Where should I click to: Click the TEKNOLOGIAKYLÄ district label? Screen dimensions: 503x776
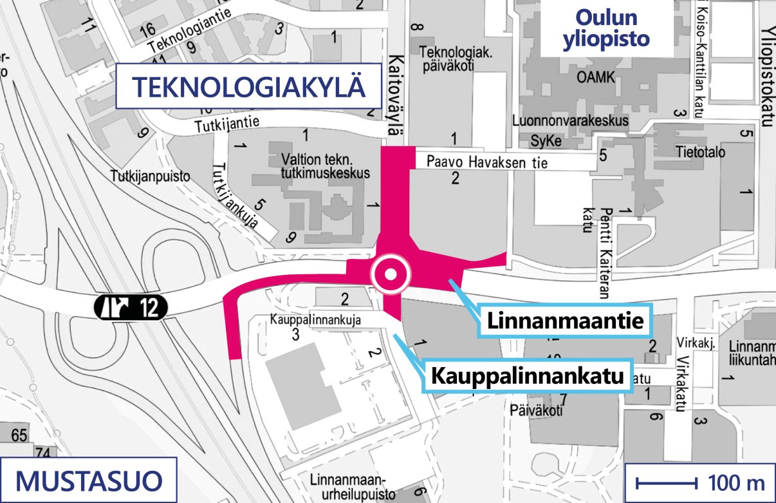(248, 86)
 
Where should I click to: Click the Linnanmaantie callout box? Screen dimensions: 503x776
(565, 320)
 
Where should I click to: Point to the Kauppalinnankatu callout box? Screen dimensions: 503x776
(528, 375)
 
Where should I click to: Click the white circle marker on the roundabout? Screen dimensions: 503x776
(390, 275)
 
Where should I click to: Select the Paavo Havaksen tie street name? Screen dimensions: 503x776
(487, 162)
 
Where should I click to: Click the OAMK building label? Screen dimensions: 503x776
(596, 78)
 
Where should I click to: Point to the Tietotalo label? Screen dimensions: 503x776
(700, 153)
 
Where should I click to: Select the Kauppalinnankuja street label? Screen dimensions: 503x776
(315, 319)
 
